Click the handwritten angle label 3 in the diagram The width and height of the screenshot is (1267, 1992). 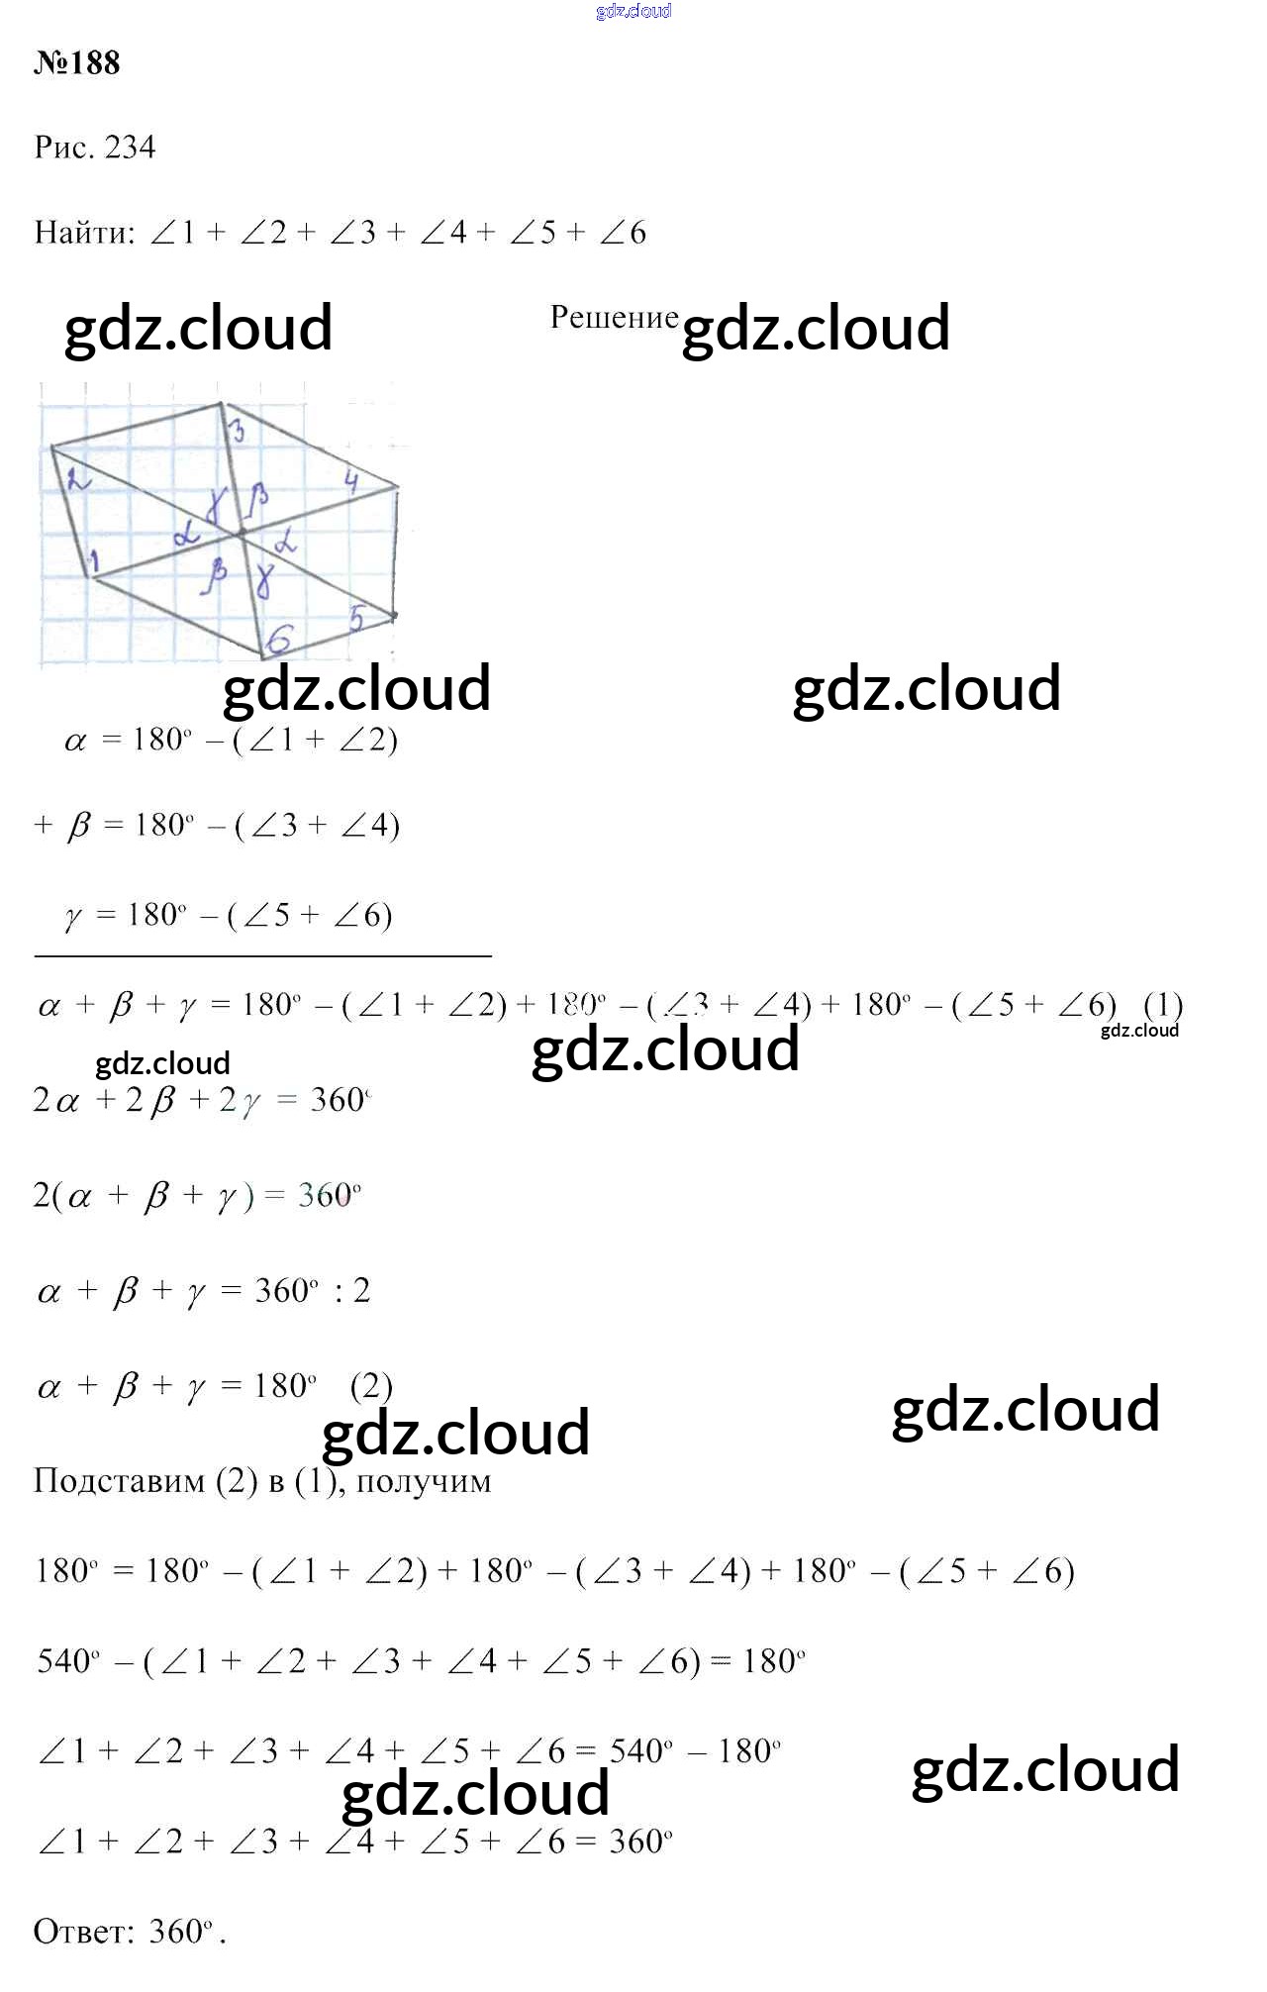pyautogui.click(x=238, y=431)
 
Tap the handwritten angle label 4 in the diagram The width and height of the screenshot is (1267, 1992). pyautogui.click(x=351, y=482)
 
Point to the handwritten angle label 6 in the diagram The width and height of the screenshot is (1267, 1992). pyautogui.click(x=280, y=641)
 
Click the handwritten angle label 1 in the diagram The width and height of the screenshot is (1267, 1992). pyautogui.click(x=95, y=562)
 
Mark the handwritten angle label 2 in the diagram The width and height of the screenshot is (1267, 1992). pyautogui.click(x=77, y=480)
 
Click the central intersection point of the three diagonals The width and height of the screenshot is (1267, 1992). pyautogui.click(x=241, y=533)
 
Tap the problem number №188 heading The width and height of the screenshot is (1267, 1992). pyautogui.click(x=77, y=63)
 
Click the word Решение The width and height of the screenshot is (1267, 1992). pyautogui.click(x=614, y=317)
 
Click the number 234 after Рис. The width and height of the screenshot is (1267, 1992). pyautogui.click(x=130, y=148)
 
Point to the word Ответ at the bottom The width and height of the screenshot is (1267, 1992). pyautogui.click(x=83, y=1932)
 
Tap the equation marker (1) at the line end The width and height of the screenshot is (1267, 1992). pyautogui.click(x=1163, y=1005)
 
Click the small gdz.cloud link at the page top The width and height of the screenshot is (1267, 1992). pyautogui.click(x=633, y=11)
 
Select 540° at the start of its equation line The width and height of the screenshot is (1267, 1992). pyautogui.click(x=67, y=1661)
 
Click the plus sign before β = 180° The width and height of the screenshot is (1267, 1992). pyautogui.click(x=43, y=825)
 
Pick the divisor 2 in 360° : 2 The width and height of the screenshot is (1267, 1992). pyautogui.click(x=362, y=1291)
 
